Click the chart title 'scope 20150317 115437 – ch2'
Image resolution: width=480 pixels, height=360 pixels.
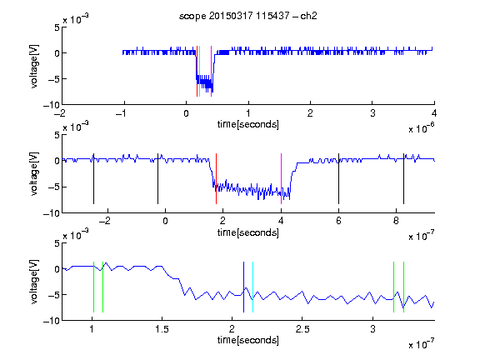[x=247, y=16]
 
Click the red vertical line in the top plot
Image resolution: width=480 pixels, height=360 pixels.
[x=197, y=71]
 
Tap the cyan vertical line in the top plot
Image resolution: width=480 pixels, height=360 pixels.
[x=200, y=71]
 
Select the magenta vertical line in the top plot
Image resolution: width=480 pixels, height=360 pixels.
[x=211, y=71]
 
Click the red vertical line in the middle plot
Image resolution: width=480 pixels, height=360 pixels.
[x=216, y=179]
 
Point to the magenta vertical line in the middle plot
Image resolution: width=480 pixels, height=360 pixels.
[x=282, y=179]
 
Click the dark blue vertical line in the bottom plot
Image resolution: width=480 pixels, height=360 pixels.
[x=243, y=287]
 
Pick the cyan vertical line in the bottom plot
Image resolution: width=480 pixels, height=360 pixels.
[x=252, y=287]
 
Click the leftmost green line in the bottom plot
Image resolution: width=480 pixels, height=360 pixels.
[x=93, y=287]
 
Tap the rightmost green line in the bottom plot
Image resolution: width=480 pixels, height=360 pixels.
[x=404, y=287]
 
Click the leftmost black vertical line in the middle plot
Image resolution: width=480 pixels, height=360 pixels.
[x=93, y=179]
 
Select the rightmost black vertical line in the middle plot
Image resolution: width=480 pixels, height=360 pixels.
[x=404, y=179]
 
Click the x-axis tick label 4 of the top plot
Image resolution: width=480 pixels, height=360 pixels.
[x=434, y=113]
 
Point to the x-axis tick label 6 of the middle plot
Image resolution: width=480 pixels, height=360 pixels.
[x=338, y=221]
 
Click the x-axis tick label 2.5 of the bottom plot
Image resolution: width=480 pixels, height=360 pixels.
[x=302, y=329]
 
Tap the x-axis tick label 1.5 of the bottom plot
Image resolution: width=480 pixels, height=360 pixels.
[x=162, y=329]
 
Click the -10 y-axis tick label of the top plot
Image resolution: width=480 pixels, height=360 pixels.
[x=52, y=105]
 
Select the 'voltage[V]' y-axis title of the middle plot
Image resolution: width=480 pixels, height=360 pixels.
[x=34, y=174]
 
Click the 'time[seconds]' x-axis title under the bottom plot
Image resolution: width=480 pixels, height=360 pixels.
[x=248, y=340]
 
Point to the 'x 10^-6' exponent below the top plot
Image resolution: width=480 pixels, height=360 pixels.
[x=422, y=128]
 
